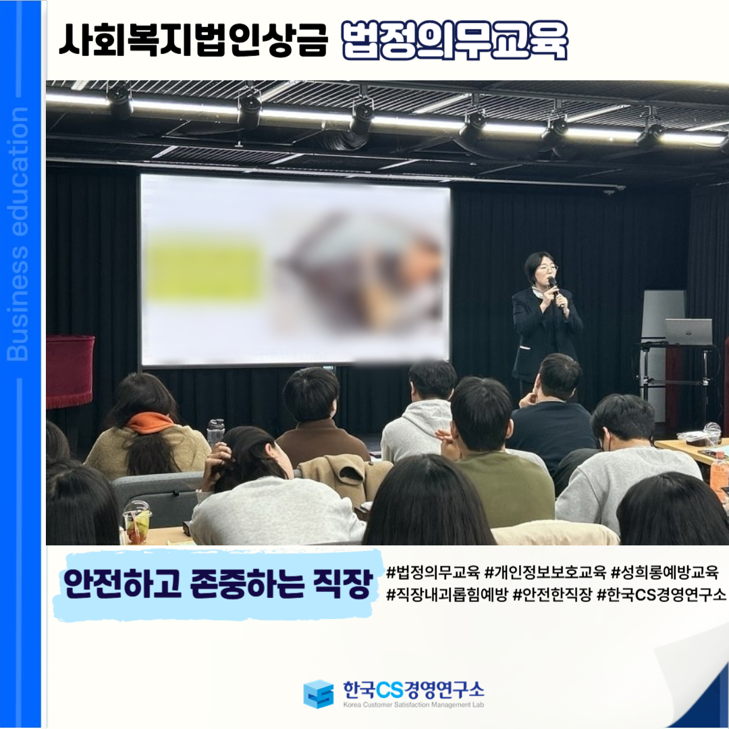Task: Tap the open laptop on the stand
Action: pos(688,331)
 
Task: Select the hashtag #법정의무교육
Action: pos(433,572)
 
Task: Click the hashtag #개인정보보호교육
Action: pos(545,572)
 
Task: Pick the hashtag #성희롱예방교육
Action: pos(665,572)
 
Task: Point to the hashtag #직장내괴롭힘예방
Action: pos(447,594)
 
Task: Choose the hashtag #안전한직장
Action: pos(552,594)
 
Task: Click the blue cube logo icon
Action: pos(319,694)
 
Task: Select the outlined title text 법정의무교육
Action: pos(454,40)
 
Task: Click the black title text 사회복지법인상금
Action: pos(194,40)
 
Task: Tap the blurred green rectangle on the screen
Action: pos(203,268)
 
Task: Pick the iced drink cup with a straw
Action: pos(137,523)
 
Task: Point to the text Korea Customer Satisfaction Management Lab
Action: pos(413,704)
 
